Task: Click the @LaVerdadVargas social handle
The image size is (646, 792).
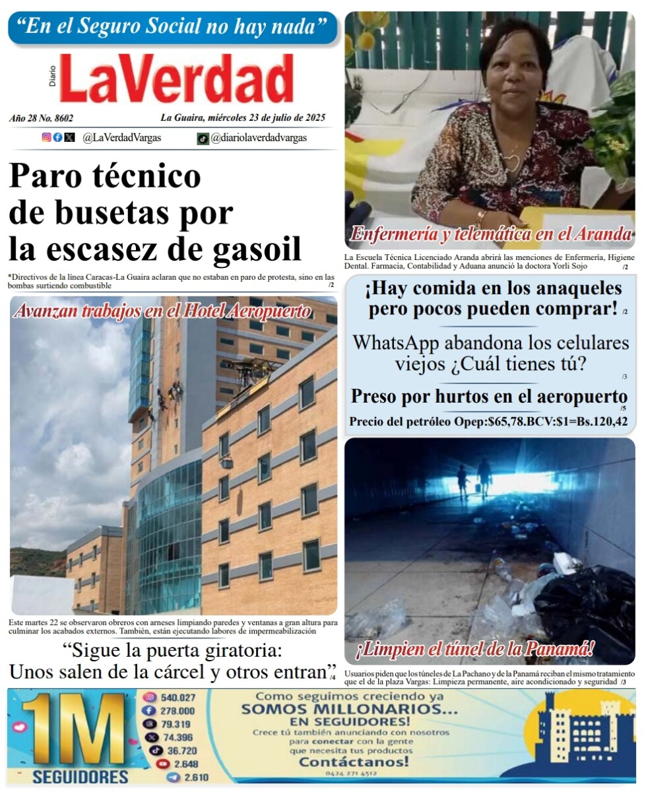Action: (121, 138)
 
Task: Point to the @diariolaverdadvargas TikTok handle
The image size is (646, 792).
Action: (259, 138)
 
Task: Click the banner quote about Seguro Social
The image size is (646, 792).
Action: (172, 27)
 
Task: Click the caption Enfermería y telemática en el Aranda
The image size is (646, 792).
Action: (491, 234)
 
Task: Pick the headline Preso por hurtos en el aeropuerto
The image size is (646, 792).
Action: (488, 397)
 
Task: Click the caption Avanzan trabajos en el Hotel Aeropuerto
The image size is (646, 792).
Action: (162, 311)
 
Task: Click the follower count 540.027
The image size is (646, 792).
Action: (178, 698)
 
